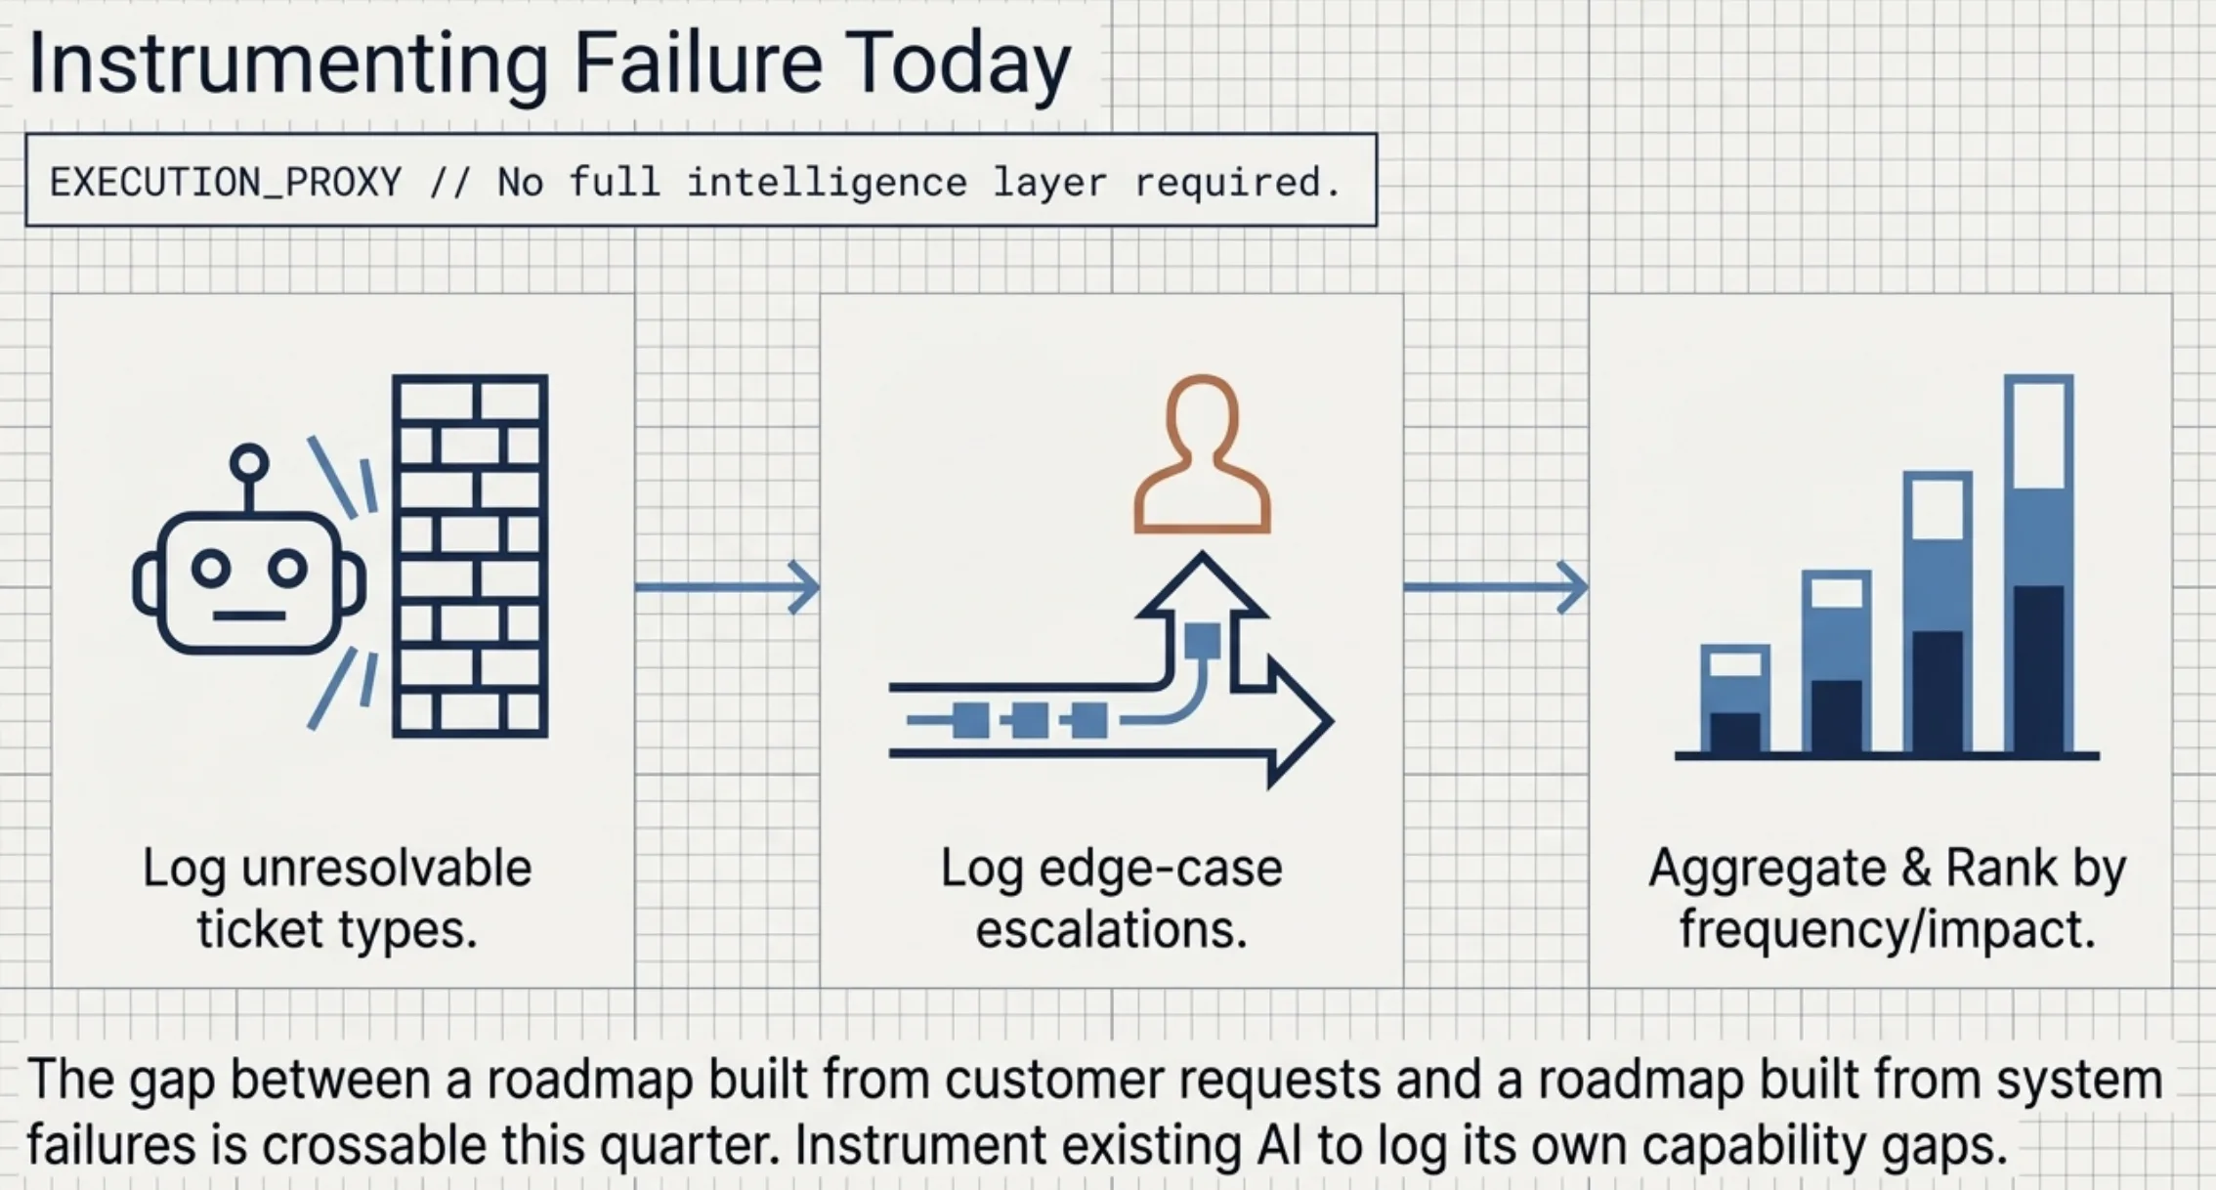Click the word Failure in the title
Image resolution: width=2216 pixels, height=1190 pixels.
click(697, 64)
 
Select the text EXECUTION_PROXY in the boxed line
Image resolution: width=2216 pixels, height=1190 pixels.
click(226, 183)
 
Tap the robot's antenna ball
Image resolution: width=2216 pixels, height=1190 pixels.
click(249, 461)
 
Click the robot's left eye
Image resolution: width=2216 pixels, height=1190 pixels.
click(211, 569)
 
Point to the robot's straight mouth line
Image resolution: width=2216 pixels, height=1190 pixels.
click(249, 616)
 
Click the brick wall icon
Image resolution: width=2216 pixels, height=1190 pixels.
click(470, 555)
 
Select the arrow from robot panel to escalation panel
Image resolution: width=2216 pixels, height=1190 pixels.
click(727, 587)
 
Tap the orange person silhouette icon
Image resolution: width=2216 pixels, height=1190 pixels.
click(1202, 455)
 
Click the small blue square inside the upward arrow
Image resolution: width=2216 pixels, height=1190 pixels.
click(1202, 641)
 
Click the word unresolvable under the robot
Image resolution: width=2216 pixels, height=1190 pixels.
click(386, 868)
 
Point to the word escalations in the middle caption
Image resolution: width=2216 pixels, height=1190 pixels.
click(1111, 929)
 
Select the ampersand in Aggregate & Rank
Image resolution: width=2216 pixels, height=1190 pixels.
click(1916, 868)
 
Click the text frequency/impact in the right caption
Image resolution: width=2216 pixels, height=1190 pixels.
click(1888, 929)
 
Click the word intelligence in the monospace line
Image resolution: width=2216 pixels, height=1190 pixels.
click(827, 183)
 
